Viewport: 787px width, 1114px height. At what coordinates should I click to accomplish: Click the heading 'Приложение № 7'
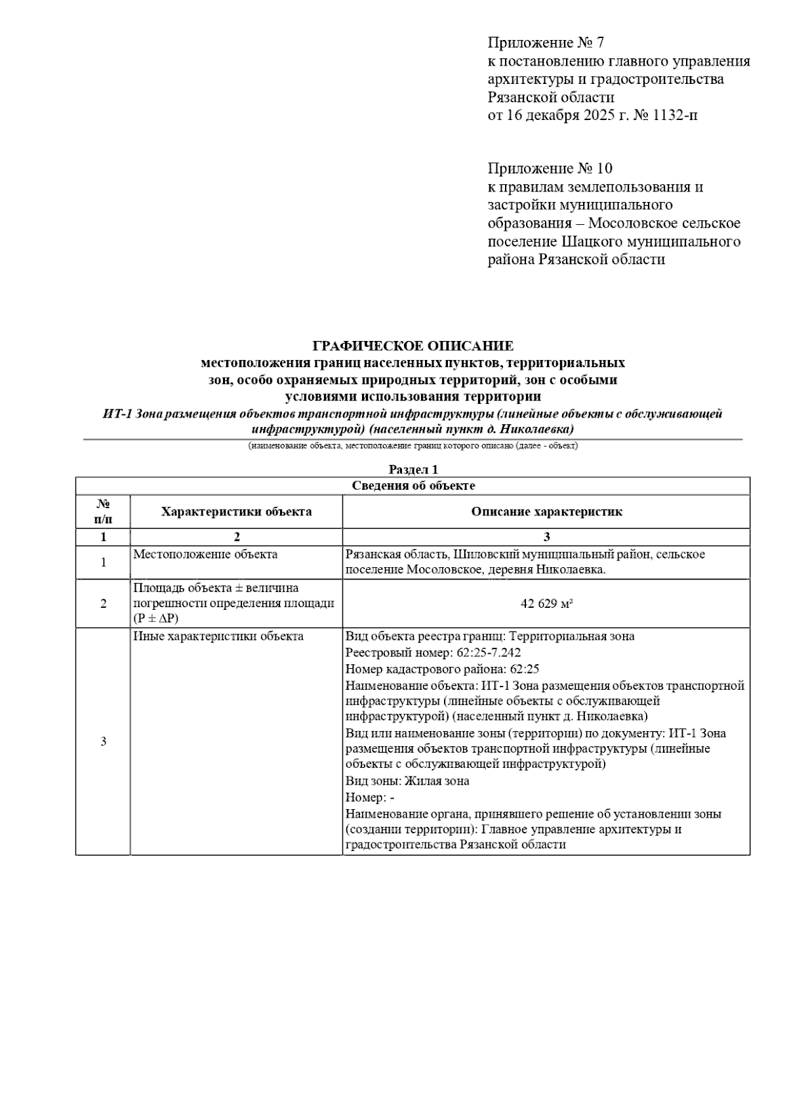click(x=545, y=43)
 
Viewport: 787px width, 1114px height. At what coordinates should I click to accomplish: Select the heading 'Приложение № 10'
click(x=550, y=169)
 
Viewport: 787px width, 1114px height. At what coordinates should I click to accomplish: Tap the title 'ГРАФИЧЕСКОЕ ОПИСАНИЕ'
click(x=413, y=346)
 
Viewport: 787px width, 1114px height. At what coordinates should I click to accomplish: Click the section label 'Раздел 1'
click(x=413, y=469)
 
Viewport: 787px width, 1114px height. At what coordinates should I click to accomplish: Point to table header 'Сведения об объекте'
click(x=413, y=486)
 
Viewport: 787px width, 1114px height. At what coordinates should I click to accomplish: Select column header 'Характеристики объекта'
click(x=236, y=511)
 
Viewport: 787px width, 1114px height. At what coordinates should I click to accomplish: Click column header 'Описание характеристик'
click(x=546, y=511)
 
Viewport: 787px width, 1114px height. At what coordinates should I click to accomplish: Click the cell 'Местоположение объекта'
click(x=205, y=555)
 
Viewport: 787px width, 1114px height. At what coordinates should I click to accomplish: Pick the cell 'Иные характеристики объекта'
click(x=218, y=637)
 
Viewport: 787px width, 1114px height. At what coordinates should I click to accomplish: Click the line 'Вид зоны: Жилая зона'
click(x=407, y=781)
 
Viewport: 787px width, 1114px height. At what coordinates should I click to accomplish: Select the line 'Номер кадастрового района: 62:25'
click(x=442, y=669)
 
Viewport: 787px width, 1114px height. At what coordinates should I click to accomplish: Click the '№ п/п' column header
click(x=103, y=511)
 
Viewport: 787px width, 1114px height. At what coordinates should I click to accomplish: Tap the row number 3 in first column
click(x=103, y=742)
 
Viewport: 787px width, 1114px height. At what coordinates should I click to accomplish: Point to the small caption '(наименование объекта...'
click(x=413, y=446)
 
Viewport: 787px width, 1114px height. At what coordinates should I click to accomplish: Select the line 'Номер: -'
click(x=370, y=797)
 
